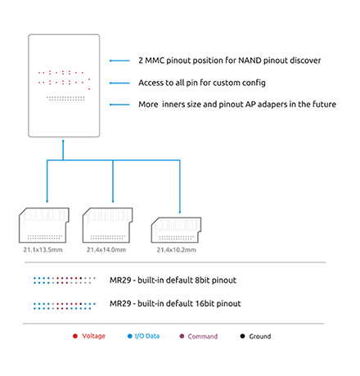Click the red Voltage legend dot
(x=75, y=336)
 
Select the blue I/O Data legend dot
(x=130, y=336)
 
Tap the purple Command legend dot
(x=182, y=336)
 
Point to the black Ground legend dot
(x=242, y=336)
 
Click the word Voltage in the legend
(x=93, y=336)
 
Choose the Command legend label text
(x=203, y=336)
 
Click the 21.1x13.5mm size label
(x=43, y=249)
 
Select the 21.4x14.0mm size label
(x=106, y=249)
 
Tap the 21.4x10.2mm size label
(x=176, y=250)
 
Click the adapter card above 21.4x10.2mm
(x=176, y=230)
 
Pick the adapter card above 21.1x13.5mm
(x=44, y=225)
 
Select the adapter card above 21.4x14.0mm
(x=108, y=225)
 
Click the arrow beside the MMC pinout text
(x=119, y=60)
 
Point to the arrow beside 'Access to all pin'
(x=119, y=83)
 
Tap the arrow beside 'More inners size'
(x=119, y=105)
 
